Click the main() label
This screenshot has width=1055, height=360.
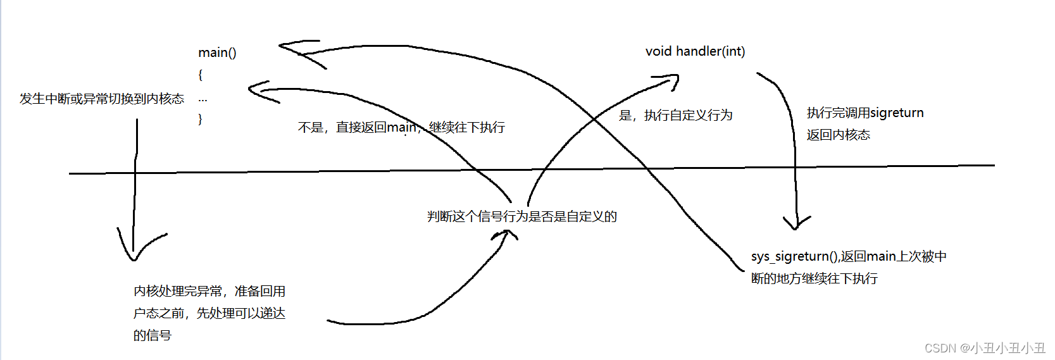click(x=217, y=53)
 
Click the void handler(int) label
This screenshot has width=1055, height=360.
click(x=695, y=51)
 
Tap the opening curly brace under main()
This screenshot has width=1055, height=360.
click(x=201, y=75)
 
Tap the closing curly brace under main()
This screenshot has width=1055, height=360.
click(x=201, y=118)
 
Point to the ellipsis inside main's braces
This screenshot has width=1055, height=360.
click(x=203, y=100)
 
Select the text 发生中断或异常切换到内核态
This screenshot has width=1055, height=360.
click(x=102, y=99)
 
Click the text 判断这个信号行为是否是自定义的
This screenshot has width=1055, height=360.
click(x=521, y=216)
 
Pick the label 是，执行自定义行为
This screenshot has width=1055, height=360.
click(x=675, y=115)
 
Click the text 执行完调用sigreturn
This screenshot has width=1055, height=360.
click(x=865, y=113)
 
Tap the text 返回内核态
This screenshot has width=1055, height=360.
click(x=838, y=135)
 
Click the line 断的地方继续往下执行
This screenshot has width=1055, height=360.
click(x=814, y=278)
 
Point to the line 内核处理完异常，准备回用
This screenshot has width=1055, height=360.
click(x=209, y=291)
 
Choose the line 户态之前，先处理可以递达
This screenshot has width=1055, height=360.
click(x=209, y=313)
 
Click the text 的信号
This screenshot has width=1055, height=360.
click(x=153, y=335)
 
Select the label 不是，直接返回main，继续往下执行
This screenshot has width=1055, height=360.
click(x=401, y=127)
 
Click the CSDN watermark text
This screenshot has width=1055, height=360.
click(x=985, y=348)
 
